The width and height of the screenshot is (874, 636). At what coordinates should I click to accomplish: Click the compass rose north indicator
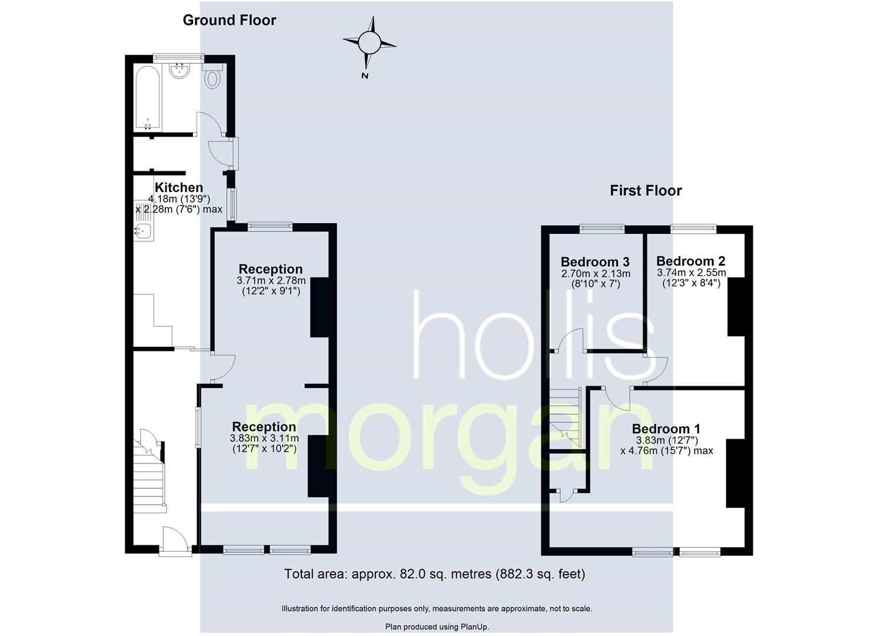tap(369, 42)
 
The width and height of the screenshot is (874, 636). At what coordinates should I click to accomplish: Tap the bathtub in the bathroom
tap(147, 98)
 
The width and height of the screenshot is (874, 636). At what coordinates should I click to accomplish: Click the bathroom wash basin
tap(179, 71)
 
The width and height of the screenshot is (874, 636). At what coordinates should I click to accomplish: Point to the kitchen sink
tap(143, 232)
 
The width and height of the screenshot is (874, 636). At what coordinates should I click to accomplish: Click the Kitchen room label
tap(178, 188)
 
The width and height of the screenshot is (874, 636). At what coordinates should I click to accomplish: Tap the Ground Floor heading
tap(229, 20)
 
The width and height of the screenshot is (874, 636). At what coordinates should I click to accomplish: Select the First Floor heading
tap(646, 191)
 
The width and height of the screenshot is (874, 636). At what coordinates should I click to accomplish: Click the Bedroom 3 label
tap(595, 261)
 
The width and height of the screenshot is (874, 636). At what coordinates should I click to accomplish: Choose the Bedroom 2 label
tap(690, 261)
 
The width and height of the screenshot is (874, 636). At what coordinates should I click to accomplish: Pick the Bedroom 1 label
tap(666, 429)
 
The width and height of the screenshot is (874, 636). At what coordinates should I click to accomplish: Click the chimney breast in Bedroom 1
tap(735, 473)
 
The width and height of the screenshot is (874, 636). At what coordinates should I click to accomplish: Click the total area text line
tap(434, 574)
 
